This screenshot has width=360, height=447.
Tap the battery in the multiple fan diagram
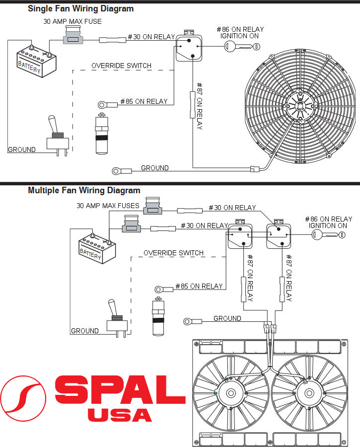(97, 248)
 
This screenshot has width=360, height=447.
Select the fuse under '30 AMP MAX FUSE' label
(72, 38)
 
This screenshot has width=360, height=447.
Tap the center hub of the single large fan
(300, 105)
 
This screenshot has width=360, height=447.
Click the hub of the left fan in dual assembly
(231, 393)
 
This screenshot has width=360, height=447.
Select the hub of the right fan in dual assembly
(308, 393)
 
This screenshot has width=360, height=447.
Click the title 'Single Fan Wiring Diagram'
(80, 8)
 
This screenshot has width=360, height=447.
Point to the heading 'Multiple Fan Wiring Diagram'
(84, 190)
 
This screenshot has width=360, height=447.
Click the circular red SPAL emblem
(23, 398)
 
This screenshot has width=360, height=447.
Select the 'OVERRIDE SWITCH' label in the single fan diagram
(121, 66)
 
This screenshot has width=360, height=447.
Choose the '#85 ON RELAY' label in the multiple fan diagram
(199, 286)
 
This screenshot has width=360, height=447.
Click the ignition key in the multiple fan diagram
(328, 234)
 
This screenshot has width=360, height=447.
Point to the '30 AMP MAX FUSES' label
(108, 206)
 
